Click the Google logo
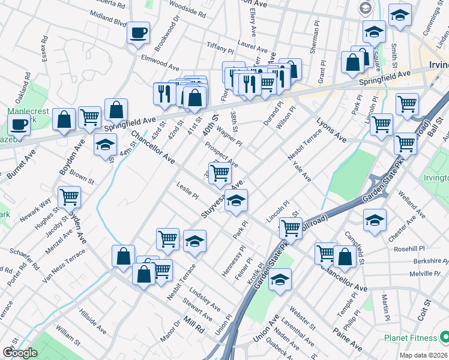click(x=20, y=353)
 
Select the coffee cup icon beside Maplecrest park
click(x=19, y=125)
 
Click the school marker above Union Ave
click(x=280, y=280)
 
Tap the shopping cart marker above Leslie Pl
click(x=220, y=173)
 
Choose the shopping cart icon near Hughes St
click(x=70, y=196)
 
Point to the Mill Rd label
click(x=194, y=325)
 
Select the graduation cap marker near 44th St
click(x=105, y=145)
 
